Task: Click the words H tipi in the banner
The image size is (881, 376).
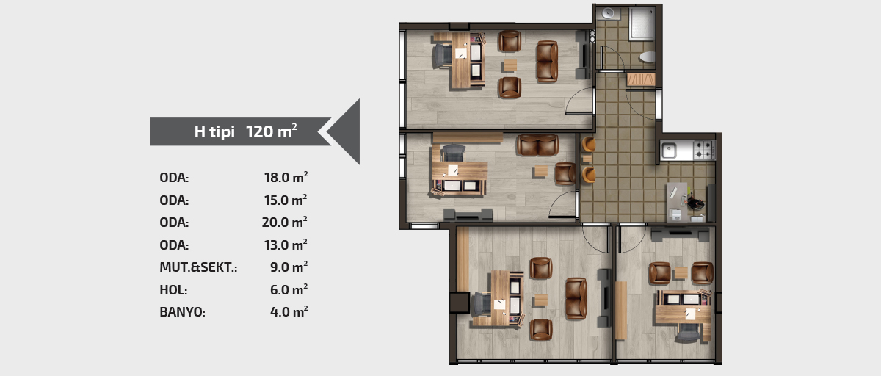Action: click(214, 131)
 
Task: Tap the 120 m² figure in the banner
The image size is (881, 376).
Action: click(272, 131)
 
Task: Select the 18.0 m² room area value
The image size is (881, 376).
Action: click(286, 178)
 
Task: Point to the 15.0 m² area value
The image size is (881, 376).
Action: click(286, 200)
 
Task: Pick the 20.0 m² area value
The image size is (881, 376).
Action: click(285, 223)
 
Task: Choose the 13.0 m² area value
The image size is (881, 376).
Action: click(286, 245)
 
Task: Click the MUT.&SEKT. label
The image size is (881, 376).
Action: click(199, 267)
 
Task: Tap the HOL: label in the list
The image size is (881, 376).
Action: click(173, 290)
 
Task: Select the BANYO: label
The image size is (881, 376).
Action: click(183, 312)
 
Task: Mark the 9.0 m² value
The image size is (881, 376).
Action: click(289, 267)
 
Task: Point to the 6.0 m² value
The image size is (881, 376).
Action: click(289, 290)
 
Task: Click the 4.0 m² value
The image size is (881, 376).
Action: click(289, 312)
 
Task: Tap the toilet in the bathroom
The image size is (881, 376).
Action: click(648, 57)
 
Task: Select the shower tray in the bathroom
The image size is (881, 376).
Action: click(642, 23)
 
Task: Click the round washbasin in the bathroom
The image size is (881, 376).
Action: click(609, 13)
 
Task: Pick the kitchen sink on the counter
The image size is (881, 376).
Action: click(668, 151)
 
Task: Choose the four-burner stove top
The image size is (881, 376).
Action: click(704, 150)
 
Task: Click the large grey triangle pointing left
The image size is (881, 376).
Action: click(344, 131)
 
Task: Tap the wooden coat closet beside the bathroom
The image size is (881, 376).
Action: click(641, 79)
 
